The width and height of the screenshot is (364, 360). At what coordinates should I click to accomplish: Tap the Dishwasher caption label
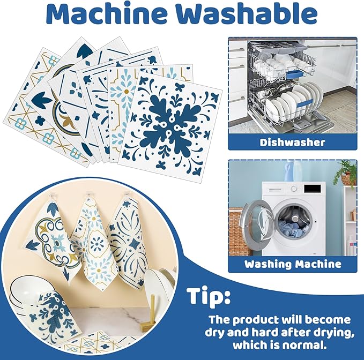292,142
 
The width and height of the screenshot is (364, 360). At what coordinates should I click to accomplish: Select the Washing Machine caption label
293,264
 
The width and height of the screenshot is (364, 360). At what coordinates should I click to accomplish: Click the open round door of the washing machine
257,222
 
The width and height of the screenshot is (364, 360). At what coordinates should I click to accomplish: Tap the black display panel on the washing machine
312,189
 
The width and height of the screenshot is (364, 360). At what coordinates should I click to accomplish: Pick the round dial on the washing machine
294,189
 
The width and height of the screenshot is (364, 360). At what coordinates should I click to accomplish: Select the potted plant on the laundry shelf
347,173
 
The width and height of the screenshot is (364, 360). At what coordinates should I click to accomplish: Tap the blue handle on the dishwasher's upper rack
294,74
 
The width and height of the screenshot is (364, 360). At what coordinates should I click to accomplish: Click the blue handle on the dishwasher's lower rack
305,103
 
